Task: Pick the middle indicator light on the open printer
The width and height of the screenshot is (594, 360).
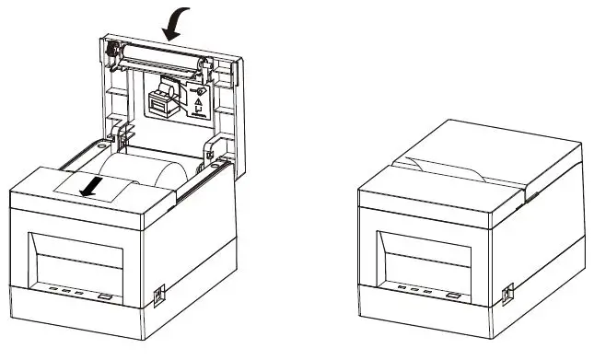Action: pos(66,292)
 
